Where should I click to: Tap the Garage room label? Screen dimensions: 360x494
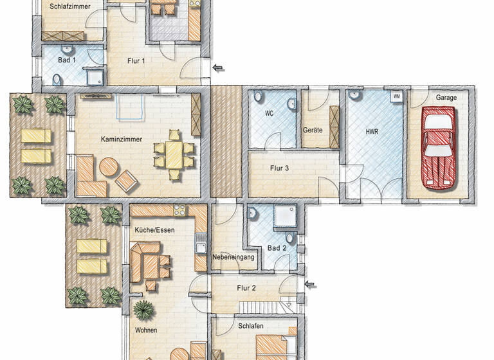click(x=446, y=98)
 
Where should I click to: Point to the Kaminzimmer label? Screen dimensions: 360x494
click(x=121, y=139)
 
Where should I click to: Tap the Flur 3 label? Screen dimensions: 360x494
click(x=279, y=169)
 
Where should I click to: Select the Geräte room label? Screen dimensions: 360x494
click(x=313, y=130)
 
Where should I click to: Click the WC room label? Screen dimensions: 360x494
click(x=270, y=113)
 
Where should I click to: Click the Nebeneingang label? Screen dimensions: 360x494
click(x=234, y=258)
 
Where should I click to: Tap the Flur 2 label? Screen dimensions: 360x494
click(x=246, y=288)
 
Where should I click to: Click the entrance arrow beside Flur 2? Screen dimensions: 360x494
click(x=311, y=285)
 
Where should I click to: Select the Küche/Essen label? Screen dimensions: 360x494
click(x=154, y=230)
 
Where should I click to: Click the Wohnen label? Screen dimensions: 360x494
click(x=146, y=330)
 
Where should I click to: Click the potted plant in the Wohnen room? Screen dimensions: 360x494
click(x=143, y=310)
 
